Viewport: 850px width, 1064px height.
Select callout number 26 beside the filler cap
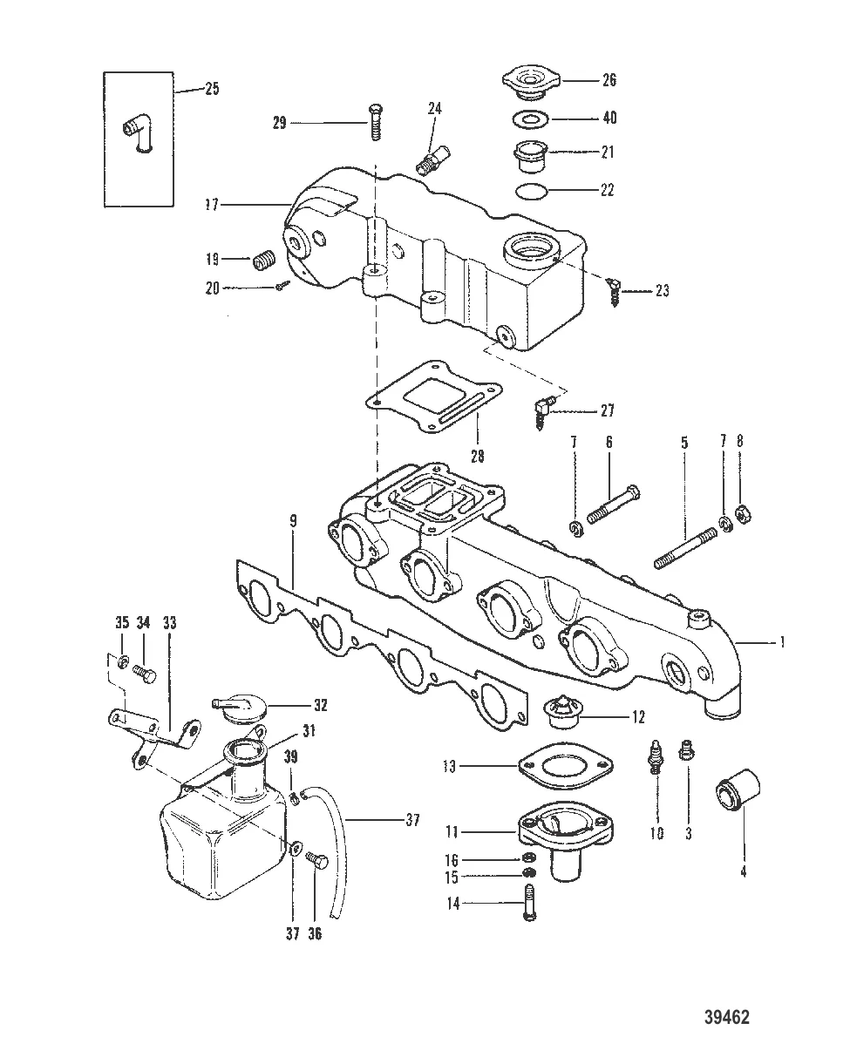pyautogui.click(x=609, y=79)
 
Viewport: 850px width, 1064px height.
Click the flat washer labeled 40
pyautogui.click(x=532, y=119)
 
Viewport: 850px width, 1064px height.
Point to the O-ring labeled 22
pyautogui.click(x=532, y=191)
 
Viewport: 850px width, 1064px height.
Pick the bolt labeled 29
pyautogui.click(x=376, y=122)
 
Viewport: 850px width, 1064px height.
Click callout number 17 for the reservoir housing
pyautogui.click(x=212, y=205)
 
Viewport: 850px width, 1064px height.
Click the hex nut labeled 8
pyautogui.click(x=743, y=515)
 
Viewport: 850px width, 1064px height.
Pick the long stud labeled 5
pyautogui.click(x=685, y=549)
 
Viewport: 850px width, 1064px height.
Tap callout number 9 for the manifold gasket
pyautogui.click(x=293, y=520)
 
